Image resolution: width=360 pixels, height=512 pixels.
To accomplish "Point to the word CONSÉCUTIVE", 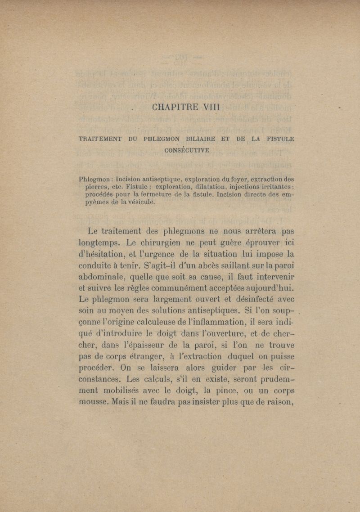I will [x=187, y=150].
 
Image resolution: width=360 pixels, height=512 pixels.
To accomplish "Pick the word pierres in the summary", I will [x=98, y=187].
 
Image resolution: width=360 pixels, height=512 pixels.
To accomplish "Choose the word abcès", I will [x=201, y=265].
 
